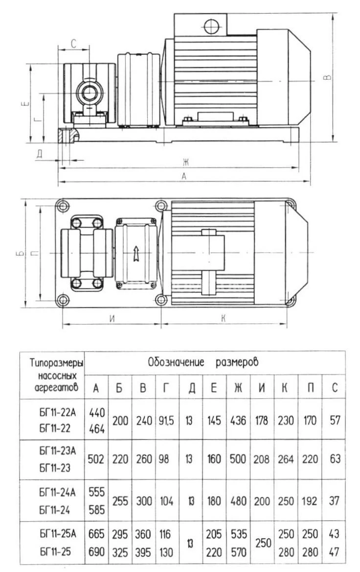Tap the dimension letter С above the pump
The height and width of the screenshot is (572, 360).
tap(73, 44)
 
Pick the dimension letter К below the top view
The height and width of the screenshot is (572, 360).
tap(223, 318)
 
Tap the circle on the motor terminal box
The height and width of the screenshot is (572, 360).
tap(212, 24)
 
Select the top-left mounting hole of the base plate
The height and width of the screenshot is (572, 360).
tap(62, 206)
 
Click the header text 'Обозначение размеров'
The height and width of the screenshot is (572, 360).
tap(203, 363)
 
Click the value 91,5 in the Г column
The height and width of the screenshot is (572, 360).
tap(166, 420)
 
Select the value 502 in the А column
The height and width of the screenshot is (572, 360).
tap(96, 460)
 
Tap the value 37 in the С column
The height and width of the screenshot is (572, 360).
tap(335, 501)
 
